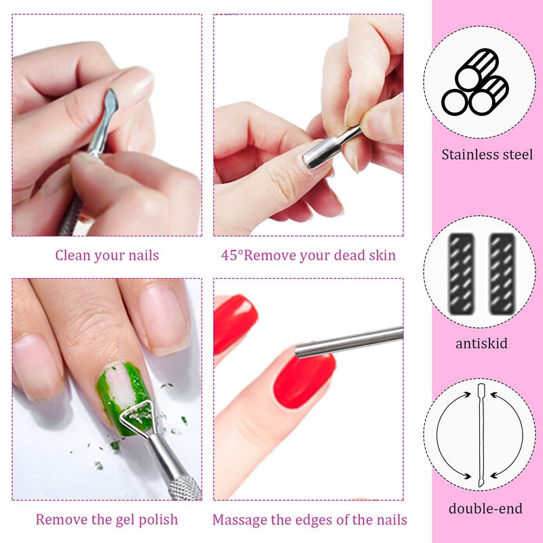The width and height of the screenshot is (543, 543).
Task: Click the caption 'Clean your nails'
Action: tap(107, 256)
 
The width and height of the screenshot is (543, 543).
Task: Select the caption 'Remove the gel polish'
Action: tap(107, 519)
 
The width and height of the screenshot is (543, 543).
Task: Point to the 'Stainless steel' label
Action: tap(487, 155)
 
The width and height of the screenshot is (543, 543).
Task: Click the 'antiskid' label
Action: tap(481, 343)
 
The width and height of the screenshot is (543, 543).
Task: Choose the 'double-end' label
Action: tap(485, 508)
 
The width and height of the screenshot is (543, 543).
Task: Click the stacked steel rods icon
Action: tap(474, 82)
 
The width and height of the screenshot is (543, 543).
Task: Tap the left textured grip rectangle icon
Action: tap(461, 274)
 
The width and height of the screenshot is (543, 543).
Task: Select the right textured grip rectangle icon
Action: tap(502, 274)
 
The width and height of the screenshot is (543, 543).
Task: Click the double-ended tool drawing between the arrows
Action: tap(481, 435)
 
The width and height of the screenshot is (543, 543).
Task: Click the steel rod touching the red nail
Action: tap(348, 342)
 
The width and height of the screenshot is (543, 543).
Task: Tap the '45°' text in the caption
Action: tap(232, 255)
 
